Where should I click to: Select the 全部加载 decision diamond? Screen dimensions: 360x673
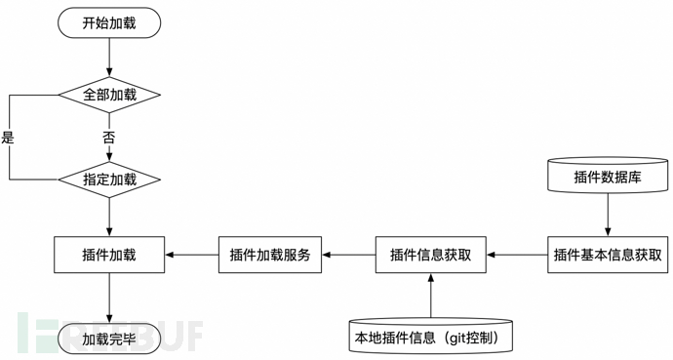[x=108, y=95]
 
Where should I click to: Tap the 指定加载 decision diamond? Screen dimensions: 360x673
[x=108, y=180]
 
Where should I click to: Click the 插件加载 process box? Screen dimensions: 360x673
[x=108, y=255]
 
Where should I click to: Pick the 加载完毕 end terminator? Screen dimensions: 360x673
[x=108, y=339]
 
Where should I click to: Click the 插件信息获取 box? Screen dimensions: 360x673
[x=430, y=255]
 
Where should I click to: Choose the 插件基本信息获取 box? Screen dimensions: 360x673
[x=608, y=255]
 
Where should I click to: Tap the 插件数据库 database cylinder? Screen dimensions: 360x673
[x=608, y=176]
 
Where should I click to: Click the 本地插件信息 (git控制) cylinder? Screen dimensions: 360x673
[x=430, y=338]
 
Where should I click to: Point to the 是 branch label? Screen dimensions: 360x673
[x=9, y=138]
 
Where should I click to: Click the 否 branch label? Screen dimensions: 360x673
[x=108, y=138]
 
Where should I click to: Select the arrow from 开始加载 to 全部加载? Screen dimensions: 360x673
[x=108, y=58]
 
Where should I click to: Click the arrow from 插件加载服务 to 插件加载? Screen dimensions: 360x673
[x=191, y=255]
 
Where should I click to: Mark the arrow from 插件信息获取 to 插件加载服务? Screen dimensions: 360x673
[x=349, y=255]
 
